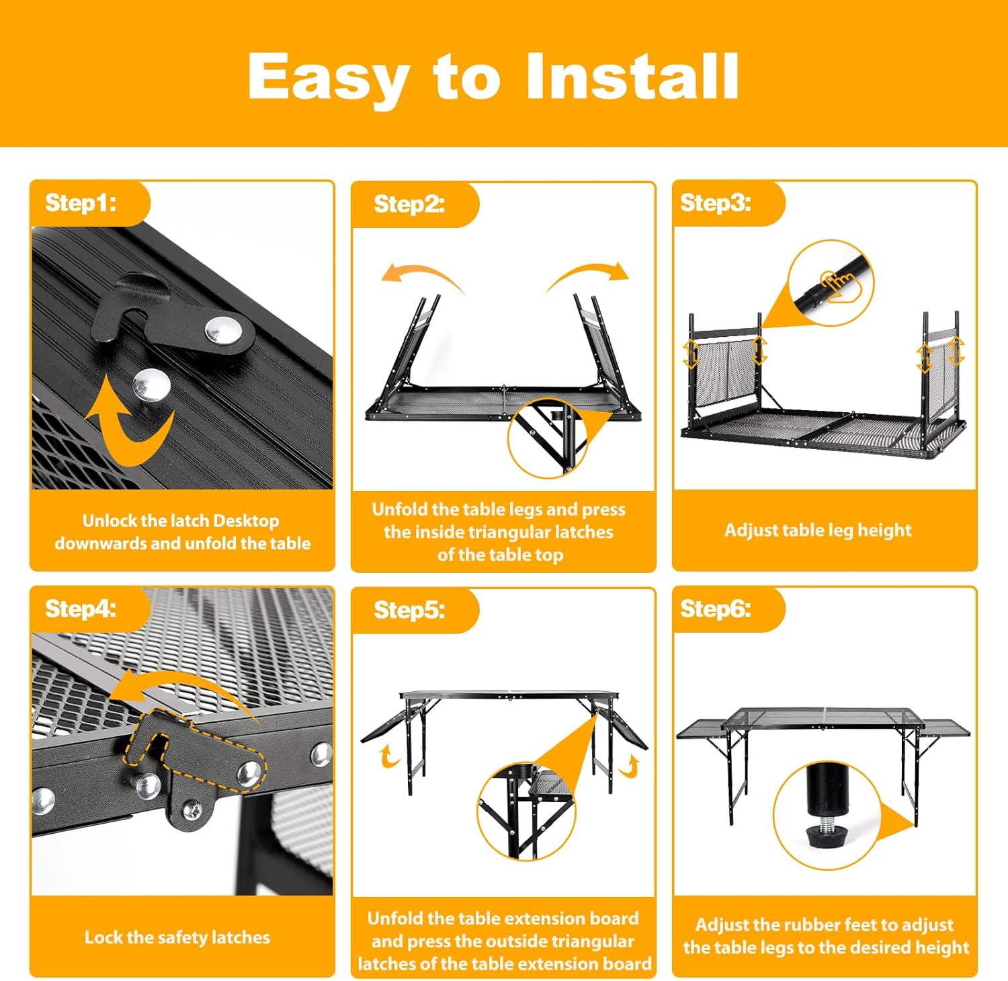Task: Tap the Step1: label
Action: [81, 202]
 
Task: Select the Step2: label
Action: [409, 204]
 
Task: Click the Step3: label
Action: [716, 202]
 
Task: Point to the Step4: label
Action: [81, 609]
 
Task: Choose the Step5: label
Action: [409, 610]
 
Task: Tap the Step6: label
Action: [716, 609]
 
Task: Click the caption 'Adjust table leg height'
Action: [818, 531]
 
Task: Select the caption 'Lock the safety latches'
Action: [177, 937]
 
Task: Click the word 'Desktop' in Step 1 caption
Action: [246, 521]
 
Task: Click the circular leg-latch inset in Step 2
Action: [548, 438]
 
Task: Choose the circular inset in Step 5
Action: [527, 811]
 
